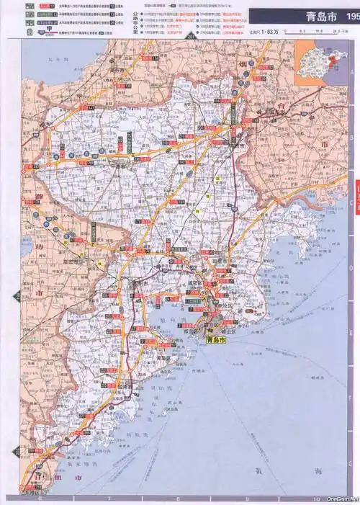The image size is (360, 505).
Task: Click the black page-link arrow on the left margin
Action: pyautogui.click(x=17, y=295)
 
